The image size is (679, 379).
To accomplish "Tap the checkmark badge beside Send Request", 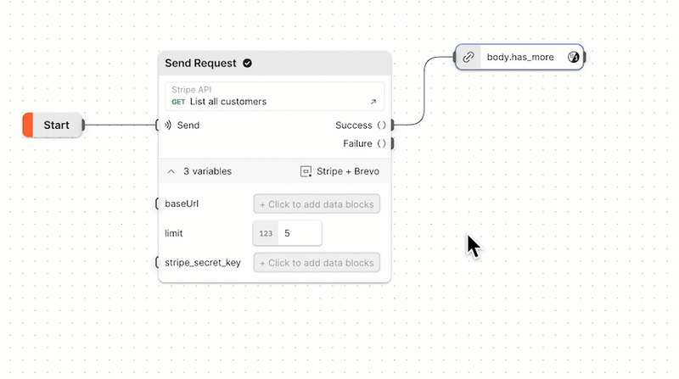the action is pyautogui.click(x=248, y=63).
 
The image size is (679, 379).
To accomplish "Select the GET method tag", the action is pyautogui.click(x=178, y=102).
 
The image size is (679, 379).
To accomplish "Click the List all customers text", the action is pyautogui.click(x=228, y=102).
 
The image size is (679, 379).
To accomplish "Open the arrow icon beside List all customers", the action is pyautogui.click(x=373, y=102).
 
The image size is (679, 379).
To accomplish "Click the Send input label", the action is pyautogui.click(x=188, y=125).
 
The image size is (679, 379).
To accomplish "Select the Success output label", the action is pyautogui.click(x=353, y=125).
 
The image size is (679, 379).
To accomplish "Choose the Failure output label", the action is pyautogui.click(x=357, y=143).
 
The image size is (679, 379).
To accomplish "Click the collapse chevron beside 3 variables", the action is pyautogui.click(x=171, y=171).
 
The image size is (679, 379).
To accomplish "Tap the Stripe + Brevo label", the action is pyautogui.click(x=347, y=171).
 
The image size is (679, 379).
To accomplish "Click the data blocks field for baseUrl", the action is pyautogui.click(x=317, y=204).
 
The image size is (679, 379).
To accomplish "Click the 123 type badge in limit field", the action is pyautogui.click(x=266, y=232).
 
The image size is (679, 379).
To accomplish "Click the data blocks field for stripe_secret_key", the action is pyautogui.click(x=317, y=263).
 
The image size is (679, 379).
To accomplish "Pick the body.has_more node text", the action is pyautogui.click(x=520, y=58).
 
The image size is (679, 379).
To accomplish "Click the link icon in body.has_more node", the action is pyautogui.click(x=468, y=58).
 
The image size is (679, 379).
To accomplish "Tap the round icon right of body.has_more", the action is pyautogui.click(x=573, y=58).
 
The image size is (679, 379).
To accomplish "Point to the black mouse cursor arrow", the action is pyautogui.click(x=473, y=246).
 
